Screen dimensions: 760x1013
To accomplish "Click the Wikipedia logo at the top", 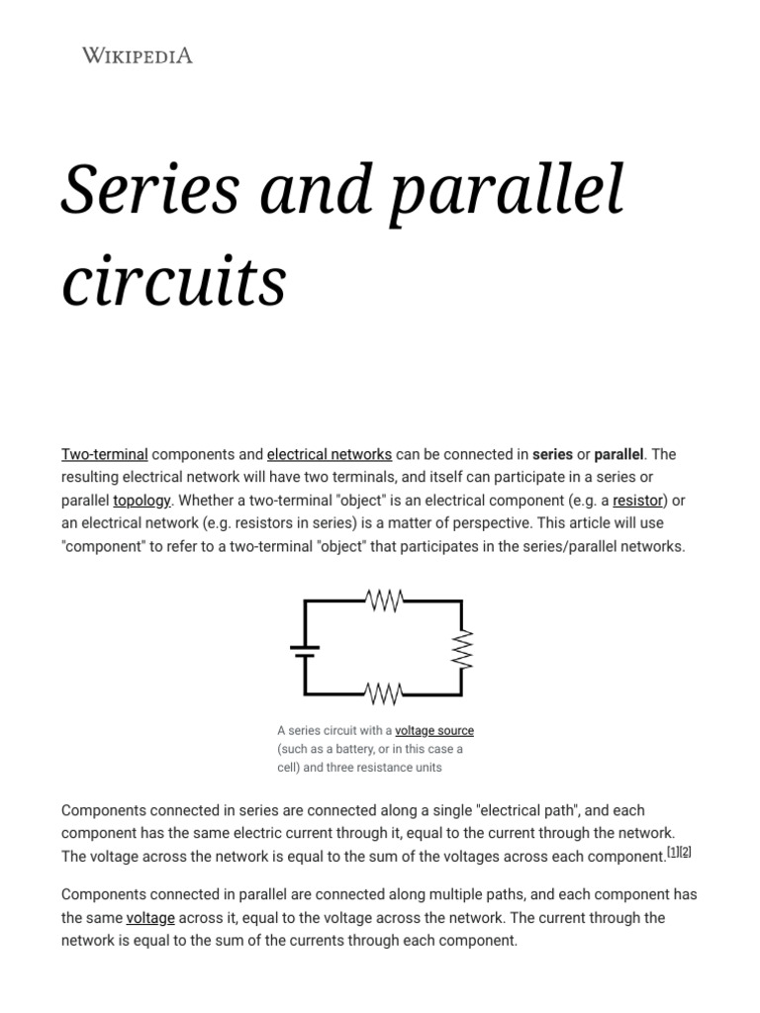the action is click(x=137, y=55).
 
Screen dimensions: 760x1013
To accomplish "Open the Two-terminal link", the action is click(x=105, y=455).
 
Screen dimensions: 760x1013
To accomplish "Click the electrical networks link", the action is click(x=330, y=455).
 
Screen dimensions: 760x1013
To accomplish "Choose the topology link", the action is click(x=142, y=501).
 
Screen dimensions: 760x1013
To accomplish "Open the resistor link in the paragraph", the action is click(x=637, y=501).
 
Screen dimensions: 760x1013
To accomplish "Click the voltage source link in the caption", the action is click(x=434, y=731).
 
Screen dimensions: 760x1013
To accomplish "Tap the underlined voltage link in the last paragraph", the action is click(x=150, y=918).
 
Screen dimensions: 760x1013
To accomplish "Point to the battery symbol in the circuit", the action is click(x=304, y=650).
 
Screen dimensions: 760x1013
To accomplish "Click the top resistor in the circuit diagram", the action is click(x=383, y=600).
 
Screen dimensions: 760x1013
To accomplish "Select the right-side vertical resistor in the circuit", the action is click(x=461, y=649).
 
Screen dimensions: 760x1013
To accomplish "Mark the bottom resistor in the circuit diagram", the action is click(x=383, y=692).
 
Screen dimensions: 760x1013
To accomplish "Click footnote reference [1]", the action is click(x=673, y=852).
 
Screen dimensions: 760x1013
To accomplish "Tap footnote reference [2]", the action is click(x=686, y=852).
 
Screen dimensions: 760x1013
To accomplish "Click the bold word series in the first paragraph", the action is click(x=552, y=455).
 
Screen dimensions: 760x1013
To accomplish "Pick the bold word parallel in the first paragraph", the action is click(x=618, y=455).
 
